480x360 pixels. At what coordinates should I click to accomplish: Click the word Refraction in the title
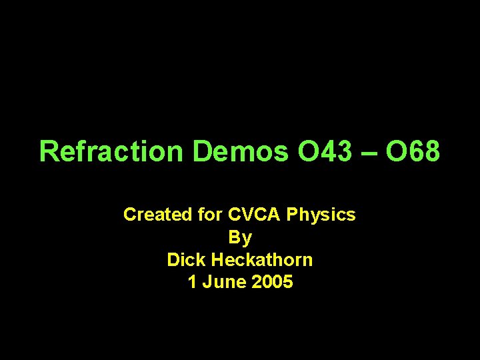[110, 151]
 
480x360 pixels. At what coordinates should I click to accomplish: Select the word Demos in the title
[241, 151]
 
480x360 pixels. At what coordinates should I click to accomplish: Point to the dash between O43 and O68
[371, 153]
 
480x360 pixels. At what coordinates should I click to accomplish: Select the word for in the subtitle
[211, 215]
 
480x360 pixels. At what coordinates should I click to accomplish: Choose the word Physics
[323, 216]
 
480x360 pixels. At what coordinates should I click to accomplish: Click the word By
[240, 238]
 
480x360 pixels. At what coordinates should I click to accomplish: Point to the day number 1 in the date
[193, 282]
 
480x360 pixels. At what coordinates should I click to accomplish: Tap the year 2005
[273, 282]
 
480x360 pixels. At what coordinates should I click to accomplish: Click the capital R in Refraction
[48, 151]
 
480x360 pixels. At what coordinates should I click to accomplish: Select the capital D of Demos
[202, 151]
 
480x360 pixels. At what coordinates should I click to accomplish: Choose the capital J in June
[206, 282]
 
